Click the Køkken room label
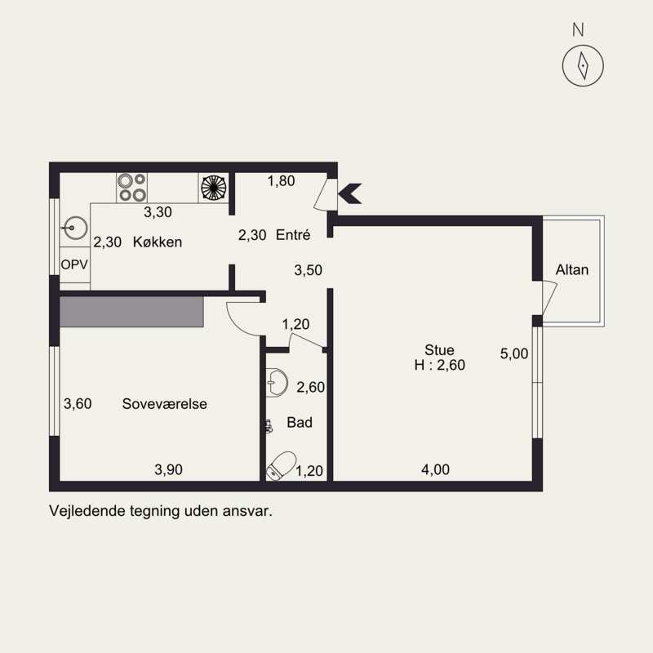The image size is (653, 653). point(158,242)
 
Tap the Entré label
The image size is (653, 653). point(293,235)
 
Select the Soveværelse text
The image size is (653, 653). point(165,403)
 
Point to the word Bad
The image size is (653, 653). point(300,422)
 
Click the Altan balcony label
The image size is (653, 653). point(572,270)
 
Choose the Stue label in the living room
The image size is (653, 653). point(439,350)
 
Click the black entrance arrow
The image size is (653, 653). point(350,193)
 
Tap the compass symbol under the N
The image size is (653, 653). point(583,65)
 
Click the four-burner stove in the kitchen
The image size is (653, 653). point(131,188)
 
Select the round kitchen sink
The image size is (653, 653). point(75,229)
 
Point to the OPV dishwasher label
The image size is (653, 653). point(74,264)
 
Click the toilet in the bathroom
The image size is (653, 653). point(281,465)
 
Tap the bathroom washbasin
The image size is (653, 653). point(276,382)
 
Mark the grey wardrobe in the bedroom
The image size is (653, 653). point(131,312)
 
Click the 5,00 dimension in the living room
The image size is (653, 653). point(514,353)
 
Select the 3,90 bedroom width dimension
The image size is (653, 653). point(168,470)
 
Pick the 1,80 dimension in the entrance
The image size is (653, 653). point(281,180)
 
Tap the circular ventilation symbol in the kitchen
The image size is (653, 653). point(214,188)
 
